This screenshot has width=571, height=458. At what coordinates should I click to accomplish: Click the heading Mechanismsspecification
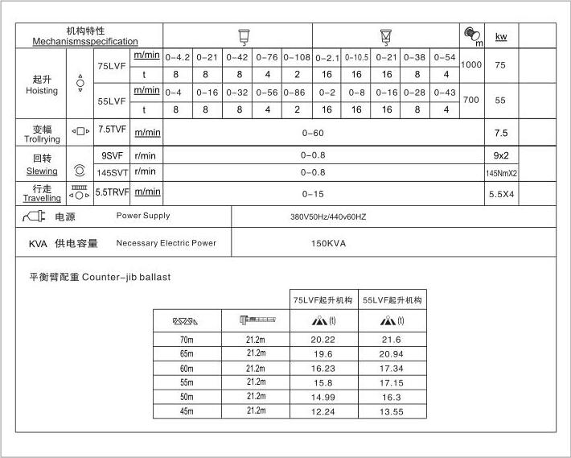(85, 41)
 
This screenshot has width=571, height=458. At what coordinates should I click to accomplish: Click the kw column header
(501, 36)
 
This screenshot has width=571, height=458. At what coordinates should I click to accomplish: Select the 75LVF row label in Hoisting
(111, 65)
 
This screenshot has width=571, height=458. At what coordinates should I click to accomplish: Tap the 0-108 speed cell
(297, 57)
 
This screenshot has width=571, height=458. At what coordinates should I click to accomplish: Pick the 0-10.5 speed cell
(356, 57)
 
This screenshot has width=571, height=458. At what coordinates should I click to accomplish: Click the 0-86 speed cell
(297, 93)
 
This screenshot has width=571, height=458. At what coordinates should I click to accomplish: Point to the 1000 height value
(472, 64)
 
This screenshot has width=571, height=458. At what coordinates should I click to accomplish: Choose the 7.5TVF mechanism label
(111, 129)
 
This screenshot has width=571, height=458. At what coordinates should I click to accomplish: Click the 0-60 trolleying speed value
(313, 133)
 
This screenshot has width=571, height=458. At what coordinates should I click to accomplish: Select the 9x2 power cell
(501, 155)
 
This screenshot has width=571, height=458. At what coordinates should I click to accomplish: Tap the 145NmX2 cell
(501, 173)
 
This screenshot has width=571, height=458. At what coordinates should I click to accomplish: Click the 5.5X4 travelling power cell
(501, 194)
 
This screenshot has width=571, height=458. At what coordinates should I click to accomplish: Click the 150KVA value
(327, 243)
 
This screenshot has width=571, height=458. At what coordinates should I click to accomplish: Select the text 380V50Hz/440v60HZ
(328, 217)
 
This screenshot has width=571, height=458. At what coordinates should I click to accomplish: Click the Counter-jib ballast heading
(100, 277)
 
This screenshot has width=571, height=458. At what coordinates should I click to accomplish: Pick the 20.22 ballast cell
(323, 340)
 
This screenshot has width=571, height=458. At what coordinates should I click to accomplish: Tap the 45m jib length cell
(187, 411)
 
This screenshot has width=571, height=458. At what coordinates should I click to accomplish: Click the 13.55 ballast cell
(392, 411)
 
